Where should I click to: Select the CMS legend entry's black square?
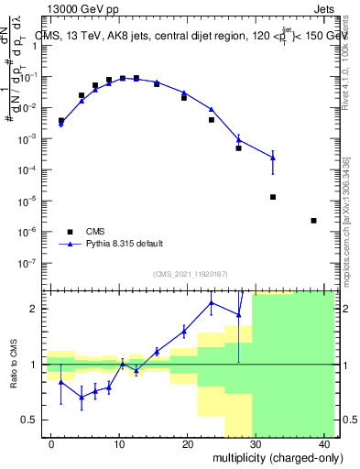(69, 231)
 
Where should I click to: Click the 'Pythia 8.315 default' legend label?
(125, 244)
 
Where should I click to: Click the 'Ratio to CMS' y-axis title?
(13, 365)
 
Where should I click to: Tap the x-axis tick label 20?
(187, 444)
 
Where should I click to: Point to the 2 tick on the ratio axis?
(38, 309)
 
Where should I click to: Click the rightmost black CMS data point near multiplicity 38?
(314, 221)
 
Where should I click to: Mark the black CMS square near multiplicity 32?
(273, 197)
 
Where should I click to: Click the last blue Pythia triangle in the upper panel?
(273, 158)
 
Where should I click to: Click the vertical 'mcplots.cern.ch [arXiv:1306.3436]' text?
(345, 220)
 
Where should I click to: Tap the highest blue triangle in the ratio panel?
(212, 302)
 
